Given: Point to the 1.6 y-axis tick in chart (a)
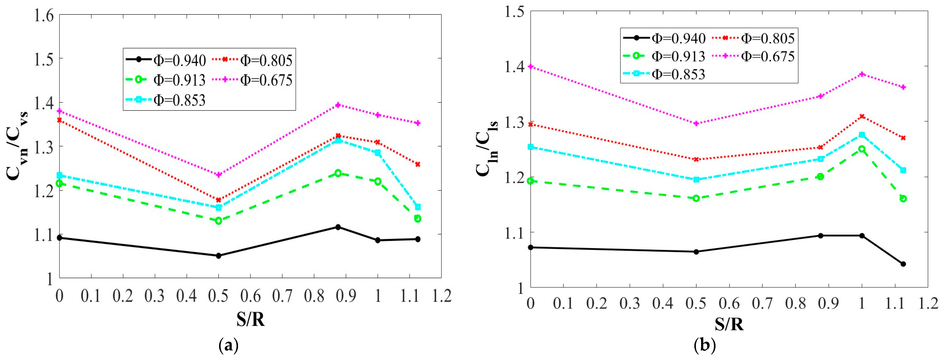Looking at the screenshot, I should click(x=44, y=16).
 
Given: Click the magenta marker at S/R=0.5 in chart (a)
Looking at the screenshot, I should click(x=219, y=175).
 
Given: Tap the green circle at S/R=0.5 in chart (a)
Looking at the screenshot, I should click(x=219, y=221).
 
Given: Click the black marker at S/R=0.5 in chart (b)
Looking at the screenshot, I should click(x=696, y=252).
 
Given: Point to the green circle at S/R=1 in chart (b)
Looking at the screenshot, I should click(x=862, y=149).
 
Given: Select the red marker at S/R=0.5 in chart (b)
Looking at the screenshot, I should click(x=696, y=159).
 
